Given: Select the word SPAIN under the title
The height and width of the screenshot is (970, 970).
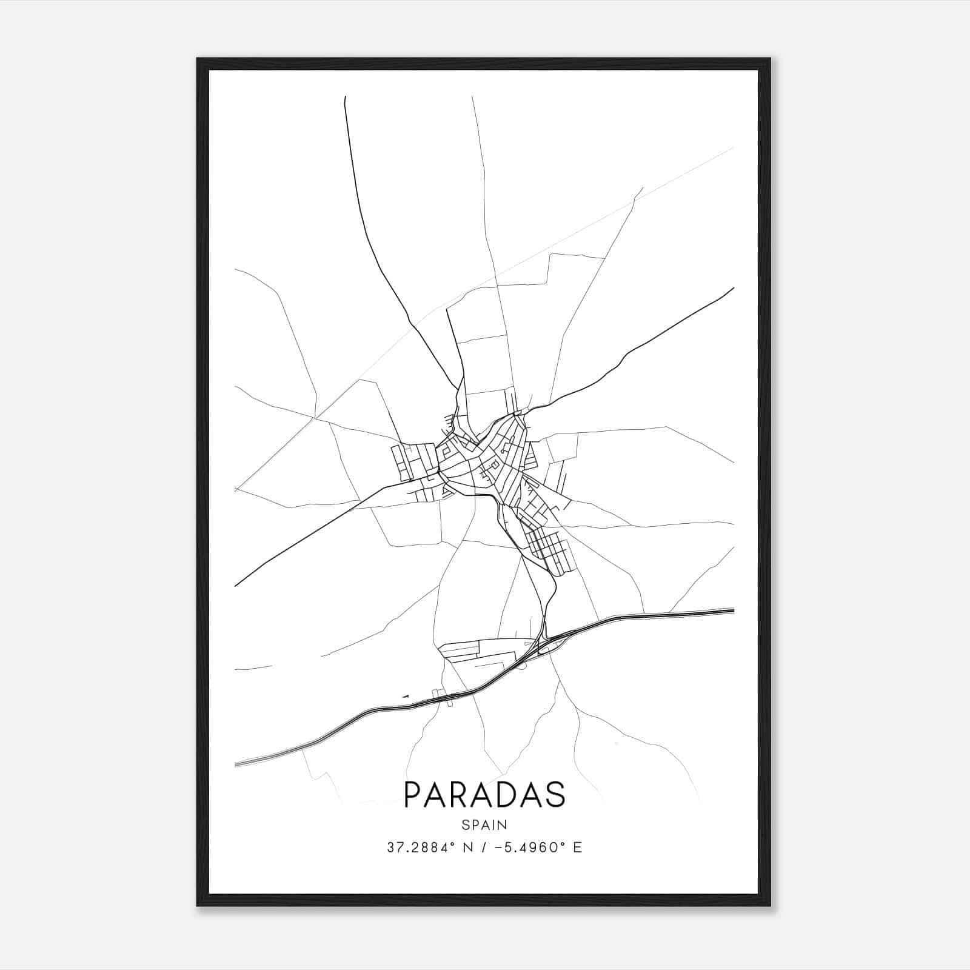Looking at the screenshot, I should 484,825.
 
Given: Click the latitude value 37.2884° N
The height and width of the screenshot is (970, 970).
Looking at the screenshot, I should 428,848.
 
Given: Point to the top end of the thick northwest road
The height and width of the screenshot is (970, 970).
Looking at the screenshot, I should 345,97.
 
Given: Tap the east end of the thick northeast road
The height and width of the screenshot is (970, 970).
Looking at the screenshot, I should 734,288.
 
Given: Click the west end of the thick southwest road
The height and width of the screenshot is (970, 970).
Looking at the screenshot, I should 235,586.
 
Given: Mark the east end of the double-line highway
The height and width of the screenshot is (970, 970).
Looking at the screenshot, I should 734,610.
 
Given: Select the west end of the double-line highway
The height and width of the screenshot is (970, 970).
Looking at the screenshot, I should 235,764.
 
